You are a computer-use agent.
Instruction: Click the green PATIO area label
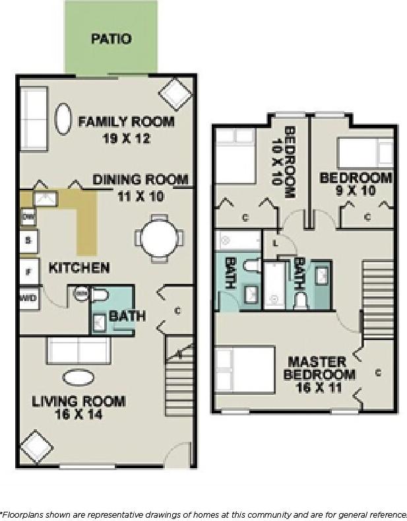(x=111, y=39)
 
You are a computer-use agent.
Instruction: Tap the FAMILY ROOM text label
(x=126, y=122)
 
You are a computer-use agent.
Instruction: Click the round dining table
(x=160, y=238)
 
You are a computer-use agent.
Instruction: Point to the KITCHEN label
(x=79, y=267)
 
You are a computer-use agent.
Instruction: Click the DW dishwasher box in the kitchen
(x=28, y=217)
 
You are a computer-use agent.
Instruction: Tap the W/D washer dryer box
(x=28, y=298)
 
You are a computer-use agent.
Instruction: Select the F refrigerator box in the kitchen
(x=28, y=271)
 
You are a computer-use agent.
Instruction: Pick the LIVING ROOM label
(x=78, y=401)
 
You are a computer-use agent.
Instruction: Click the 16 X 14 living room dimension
(x=78, y=415)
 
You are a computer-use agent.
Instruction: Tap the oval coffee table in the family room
(x=63, y=120)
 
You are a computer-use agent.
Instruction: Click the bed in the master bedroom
(x=245, y=370)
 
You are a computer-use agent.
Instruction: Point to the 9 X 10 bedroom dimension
(x=355, y=192)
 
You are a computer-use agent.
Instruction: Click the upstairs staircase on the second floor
(x=378, y=291)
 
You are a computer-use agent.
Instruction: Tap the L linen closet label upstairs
(x=275, y=243)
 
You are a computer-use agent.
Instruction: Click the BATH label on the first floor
(x=127, y=316)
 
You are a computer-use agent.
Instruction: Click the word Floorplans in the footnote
(x=22, y=514)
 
